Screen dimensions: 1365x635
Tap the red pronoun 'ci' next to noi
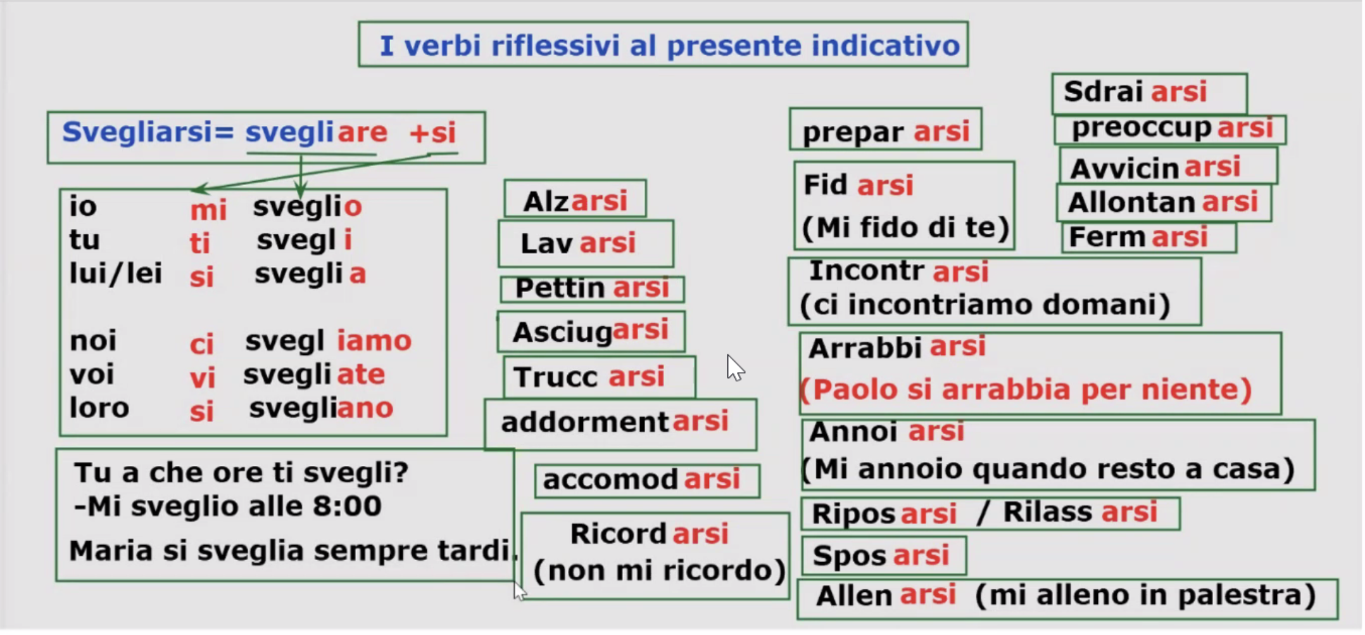click(202, 344)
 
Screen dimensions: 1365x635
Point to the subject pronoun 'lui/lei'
click(116, 273)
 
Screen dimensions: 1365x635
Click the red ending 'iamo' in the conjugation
click(374, 341)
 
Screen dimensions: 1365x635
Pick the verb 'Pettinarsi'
click(592, 288)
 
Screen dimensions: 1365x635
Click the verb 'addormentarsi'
click(615, 422)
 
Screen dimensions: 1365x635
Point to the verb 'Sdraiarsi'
click(1135, 92)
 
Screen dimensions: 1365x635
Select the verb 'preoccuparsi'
click(1172, 128)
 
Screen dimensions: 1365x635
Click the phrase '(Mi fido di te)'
click(905, 228)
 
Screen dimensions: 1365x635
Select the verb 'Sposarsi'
click(881, 556)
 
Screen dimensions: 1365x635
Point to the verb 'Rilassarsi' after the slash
click(1080, 512)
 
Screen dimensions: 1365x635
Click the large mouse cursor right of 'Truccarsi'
click(735, 368)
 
